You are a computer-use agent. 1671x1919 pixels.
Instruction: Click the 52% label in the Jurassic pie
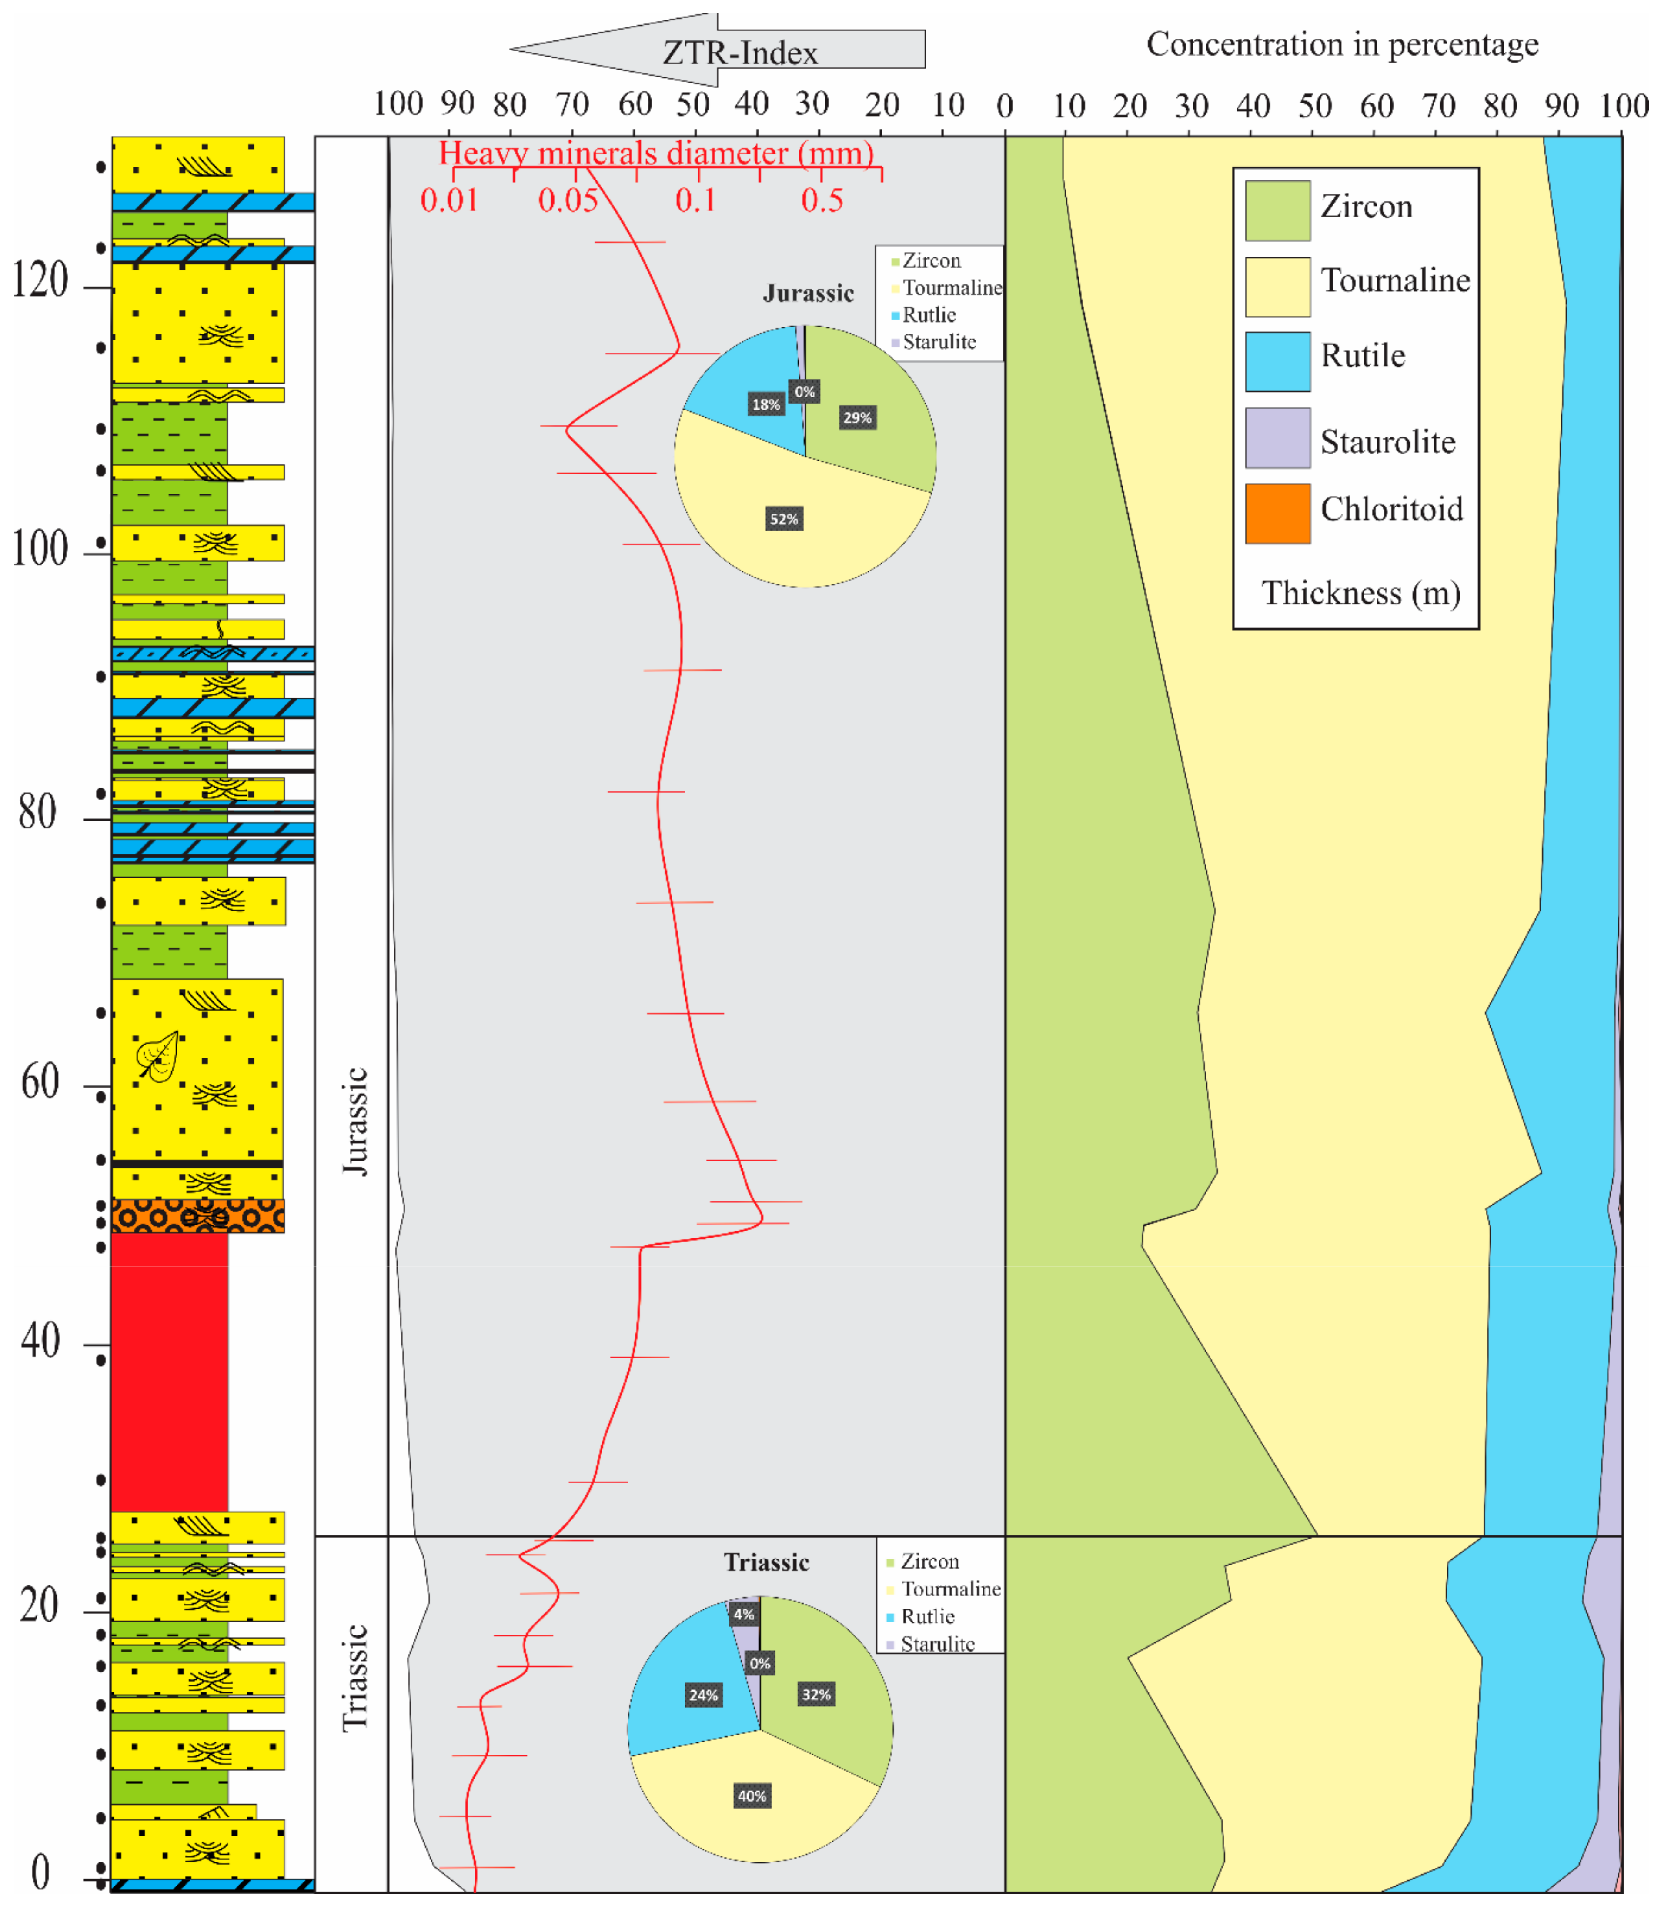[783, 519]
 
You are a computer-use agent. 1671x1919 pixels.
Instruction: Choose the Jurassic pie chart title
[808, 294]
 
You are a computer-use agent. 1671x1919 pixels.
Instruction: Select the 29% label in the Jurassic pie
[857, 418]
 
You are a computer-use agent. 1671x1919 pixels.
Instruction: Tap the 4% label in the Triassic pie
[743, 1614]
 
